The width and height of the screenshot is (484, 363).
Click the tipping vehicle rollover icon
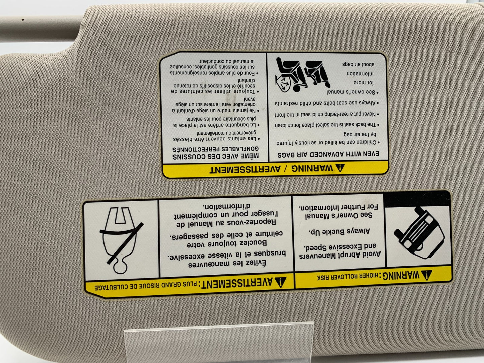click(418, 233)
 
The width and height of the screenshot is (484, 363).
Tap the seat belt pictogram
click(122, 240)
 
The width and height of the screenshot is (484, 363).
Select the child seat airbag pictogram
click(302, 75)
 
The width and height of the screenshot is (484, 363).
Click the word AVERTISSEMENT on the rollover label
click(237, 283)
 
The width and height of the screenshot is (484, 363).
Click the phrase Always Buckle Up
click(339, 231)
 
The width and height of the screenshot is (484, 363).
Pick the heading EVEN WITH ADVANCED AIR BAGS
click(328, 154)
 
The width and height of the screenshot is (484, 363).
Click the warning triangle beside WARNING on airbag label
click(340, 168)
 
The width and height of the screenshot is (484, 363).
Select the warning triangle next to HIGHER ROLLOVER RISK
click(426, 275)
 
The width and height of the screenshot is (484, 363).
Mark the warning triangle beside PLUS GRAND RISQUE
click(280, 282)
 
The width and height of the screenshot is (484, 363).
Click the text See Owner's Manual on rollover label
click(339, 215)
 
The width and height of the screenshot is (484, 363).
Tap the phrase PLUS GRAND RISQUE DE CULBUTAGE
click(146, 286)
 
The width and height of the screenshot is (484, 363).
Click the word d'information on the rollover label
click(226, 206)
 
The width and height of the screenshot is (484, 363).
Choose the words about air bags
click(358, 64)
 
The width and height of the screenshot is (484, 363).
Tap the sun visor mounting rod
click(40, 29)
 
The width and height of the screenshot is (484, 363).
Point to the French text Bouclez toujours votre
click(227, 243)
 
